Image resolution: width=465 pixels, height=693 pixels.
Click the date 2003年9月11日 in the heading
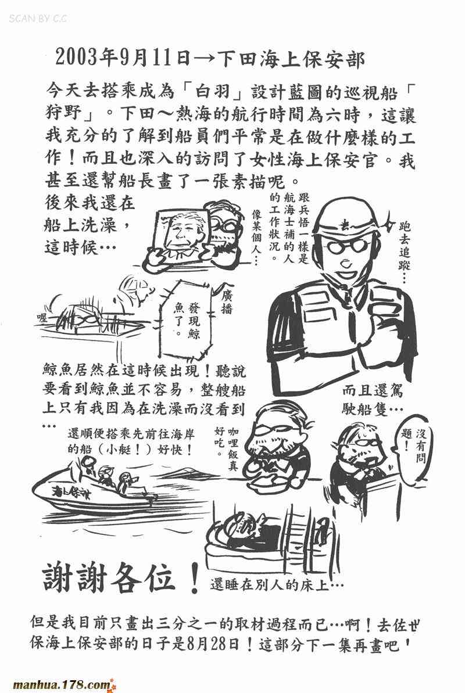[123, 58]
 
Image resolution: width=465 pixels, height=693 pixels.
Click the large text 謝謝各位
[109, 579]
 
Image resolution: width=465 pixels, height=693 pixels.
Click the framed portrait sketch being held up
[181, 236]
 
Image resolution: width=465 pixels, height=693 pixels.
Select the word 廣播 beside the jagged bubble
[226, 302]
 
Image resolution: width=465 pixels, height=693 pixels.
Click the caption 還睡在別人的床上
[276, 585]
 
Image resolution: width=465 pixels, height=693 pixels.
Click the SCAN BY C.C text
[38, 19]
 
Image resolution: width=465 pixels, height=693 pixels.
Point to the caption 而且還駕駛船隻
[372, 400]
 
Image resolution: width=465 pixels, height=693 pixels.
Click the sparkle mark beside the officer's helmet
[389, 219]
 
